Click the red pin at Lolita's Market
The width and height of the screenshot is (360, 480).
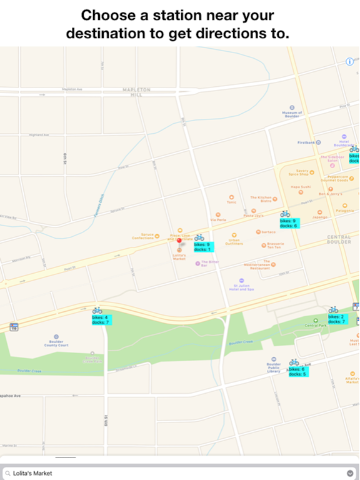(179, 241)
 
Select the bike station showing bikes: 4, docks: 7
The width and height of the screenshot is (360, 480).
(100, 320)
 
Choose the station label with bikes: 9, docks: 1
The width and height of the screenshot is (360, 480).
(202, 247)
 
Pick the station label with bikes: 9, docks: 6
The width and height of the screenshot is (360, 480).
(288, 223)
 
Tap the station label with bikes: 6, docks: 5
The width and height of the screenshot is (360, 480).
(297, 371)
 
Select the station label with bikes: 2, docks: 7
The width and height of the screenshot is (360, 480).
(336, 319)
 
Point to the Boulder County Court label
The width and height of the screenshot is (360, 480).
(56, 342)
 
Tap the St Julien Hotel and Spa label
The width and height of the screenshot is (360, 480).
(241, 286)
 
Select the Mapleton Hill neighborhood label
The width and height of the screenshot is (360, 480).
(136, 92)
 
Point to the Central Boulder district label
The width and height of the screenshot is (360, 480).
(339, 240)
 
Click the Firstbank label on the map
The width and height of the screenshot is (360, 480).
(307, 142)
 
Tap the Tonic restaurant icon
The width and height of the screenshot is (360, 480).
(231, 197)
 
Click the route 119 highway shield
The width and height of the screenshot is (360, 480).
(14, 327)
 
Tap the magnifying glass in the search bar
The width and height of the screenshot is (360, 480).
(7, 473)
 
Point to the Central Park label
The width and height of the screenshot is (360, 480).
(316, 325)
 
